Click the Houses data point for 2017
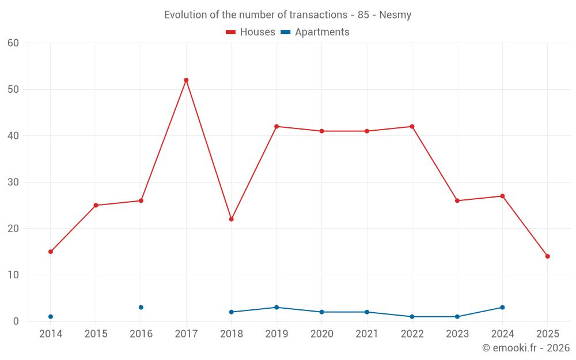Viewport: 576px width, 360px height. tap(186, 80)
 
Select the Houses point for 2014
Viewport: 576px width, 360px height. tap(51, 252)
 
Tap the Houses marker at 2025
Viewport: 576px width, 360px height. tap(547, 256)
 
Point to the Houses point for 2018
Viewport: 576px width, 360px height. tap(231, 219)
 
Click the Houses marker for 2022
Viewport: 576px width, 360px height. tap(412, 127)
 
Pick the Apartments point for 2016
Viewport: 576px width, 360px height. tap(141, 308)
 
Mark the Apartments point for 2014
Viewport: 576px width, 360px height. tap(51, 317)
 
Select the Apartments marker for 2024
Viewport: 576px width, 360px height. tap(502, 308)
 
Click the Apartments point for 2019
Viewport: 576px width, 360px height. tap(276, 308)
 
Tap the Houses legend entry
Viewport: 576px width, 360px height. tap(251, 32)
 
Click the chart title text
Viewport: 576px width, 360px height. tap(287, 15)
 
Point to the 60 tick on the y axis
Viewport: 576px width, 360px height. tap(13, 43)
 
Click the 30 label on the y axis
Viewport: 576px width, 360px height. tap(13, 183)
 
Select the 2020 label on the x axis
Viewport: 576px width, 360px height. tap(321, 334)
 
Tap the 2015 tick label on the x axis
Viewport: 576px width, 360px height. tap(96, 334)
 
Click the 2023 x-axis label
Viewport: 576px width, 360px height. tap(457, 334)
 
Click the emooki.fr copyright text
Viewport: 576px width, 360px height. tap(525, 348)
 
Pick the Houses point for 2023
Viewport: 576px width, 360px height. tap(457, 201)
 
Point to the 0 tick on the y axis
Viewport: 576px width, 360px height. tap(16, 321)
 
